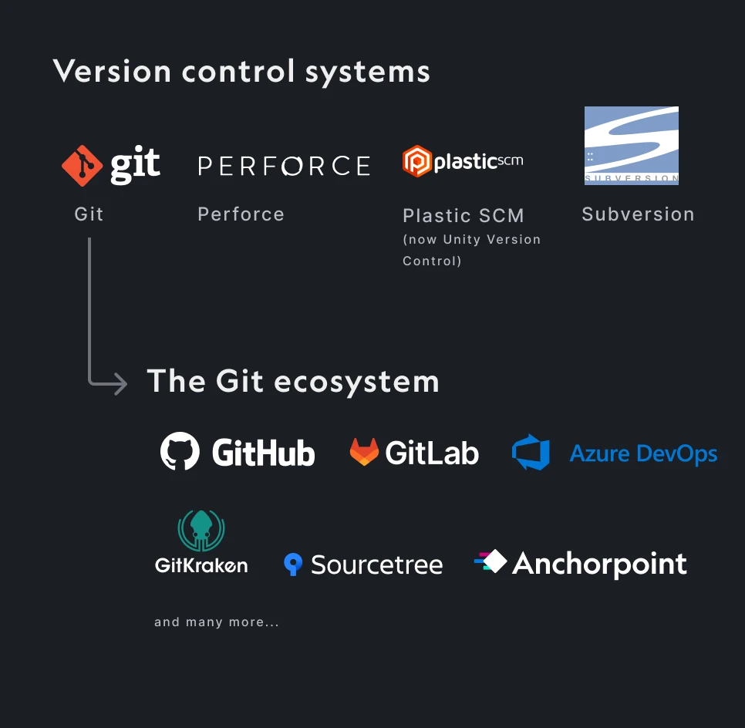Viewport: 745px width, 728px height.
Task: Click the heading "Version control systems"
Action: pyautogui.click(x=241, y=72)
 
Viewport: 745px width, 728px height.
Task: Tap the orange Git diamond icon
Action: pyautogui.click(x=82, y=165)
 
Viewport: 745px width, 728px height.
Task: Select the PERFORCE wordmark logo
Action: pyautogui.click(x=284, y=166)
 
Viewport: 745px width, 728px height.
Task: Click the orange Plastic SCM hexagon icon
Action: pyautogui.click(x=416, y=161)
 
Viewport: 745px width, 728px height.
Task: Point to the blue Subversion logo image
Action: pyautogui.click(x=631, y=146)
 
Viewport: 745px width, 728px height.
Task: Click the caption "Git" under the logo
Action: pyautogui.click(x=89, y=214)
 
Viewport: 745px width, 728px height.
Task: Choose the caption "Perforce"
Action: pyautogui.click(x=241, y=214)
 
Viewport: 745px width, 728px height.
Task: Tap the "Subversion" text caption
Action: pyautogui.click(x=638, y=214)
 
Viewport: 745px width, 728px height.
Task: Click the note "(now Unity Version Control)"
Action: pyautogui.click(x=471, y=250)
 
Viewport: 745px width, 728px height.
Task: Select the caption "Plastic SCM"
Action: pyautogui.click(x=463, y=216)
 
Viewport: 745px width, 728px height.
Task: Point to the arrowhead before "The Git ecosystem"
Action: pyautogui.click(x=120, y=383)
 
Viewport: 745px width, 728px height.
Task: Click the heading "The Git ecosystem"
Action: pyautogui.click(x=293, y=381)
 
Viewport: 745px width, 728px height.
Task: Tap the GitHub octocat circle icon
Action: pyautogui.click(x=180, y=452)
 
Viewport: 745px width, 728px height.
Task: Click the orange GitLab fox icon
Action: pyautogui.click(x=364, y=452)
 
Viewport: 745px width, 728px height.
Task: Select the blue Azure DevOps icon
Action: pyautogui.click(x=531, y=453)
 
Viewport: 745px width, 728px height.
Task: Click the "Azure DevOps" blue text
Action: pyautogui.click(x=643, y=454)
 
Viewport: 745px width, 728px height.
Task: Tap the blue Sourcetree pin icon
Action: pyautogui.click(x=292, y=565)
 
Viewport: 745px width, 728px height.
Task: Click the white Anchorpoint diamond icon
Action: pyautogui.click(x=492, y=561)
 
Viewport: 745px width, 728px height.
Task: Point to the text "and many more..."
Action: pyautogui.click(x=217, y=622)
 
